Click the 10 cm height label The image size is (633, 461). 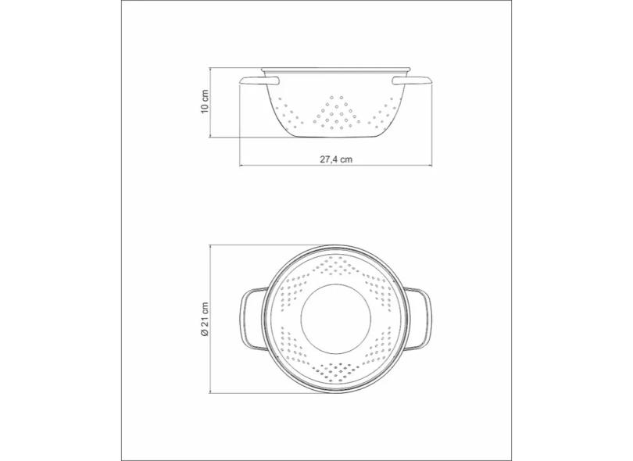click(x=205, y=102)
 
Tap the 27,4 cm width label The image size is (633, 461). click(x=336, y=159)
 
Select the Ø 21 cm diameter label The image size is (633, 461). click(x=205, y=319)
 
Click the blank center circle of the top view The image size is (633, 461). click(x=336, y=319)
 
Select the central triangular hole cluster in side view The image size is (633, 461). click(x=336, y=113)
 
